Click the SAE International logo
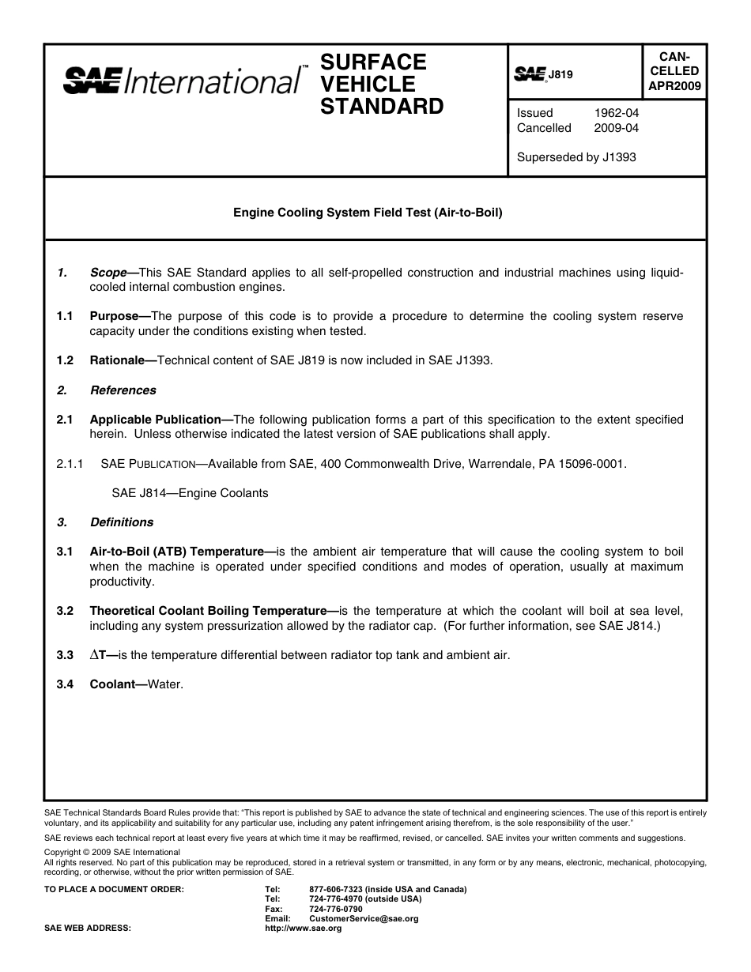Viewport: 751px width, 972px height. point(181,81)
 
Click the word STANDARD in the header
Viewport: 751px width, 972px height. point(382,107)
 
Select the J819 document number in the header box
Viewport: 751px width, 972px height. point(560,75)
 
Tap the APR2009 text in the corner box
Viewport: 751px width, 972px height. point(674,85)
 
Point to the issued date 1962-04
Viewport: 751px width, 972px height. point(617,113)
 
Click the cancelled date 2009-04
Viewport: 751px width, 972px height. point(617,128)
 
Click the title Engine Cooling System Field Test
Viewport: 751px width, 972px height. point(368,213)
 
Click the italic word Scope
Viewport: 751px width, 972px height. point(108,273)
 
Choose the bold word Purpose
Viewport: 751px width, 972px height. point(115,316)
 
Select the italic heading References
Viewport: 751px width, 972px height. point(123,390)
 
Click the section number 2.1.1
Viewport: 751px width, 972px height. point(70,464)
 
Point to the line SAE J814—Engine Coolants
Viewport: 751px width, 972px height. point(190,493)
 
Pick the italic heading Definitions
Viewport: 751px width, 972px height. point(122,522)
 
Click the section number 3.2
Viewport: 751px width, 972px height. point(65,611)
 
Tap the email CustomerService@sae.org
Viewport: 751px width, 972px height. point(364,919)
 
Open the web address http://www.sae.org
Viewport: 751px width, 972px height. point(303,929)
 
